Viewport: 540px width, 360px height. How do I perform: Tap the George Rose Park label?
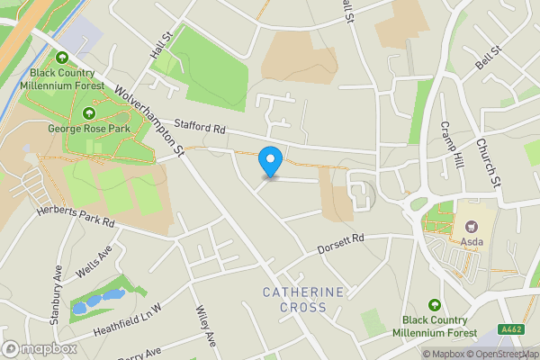88,129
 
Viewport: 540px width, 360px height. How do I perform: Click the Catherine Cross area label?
303,300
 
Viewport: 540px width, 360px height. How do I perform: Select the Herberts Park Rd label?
76,217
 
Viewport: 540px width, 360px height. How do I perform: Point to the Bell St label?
487,60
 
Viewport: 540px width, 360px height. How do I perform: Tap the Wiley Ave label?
206,327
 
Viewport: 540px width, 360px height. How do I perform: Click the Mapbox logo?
39,348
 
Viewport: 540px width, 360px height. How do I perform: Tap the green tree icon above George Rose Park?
88,113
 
